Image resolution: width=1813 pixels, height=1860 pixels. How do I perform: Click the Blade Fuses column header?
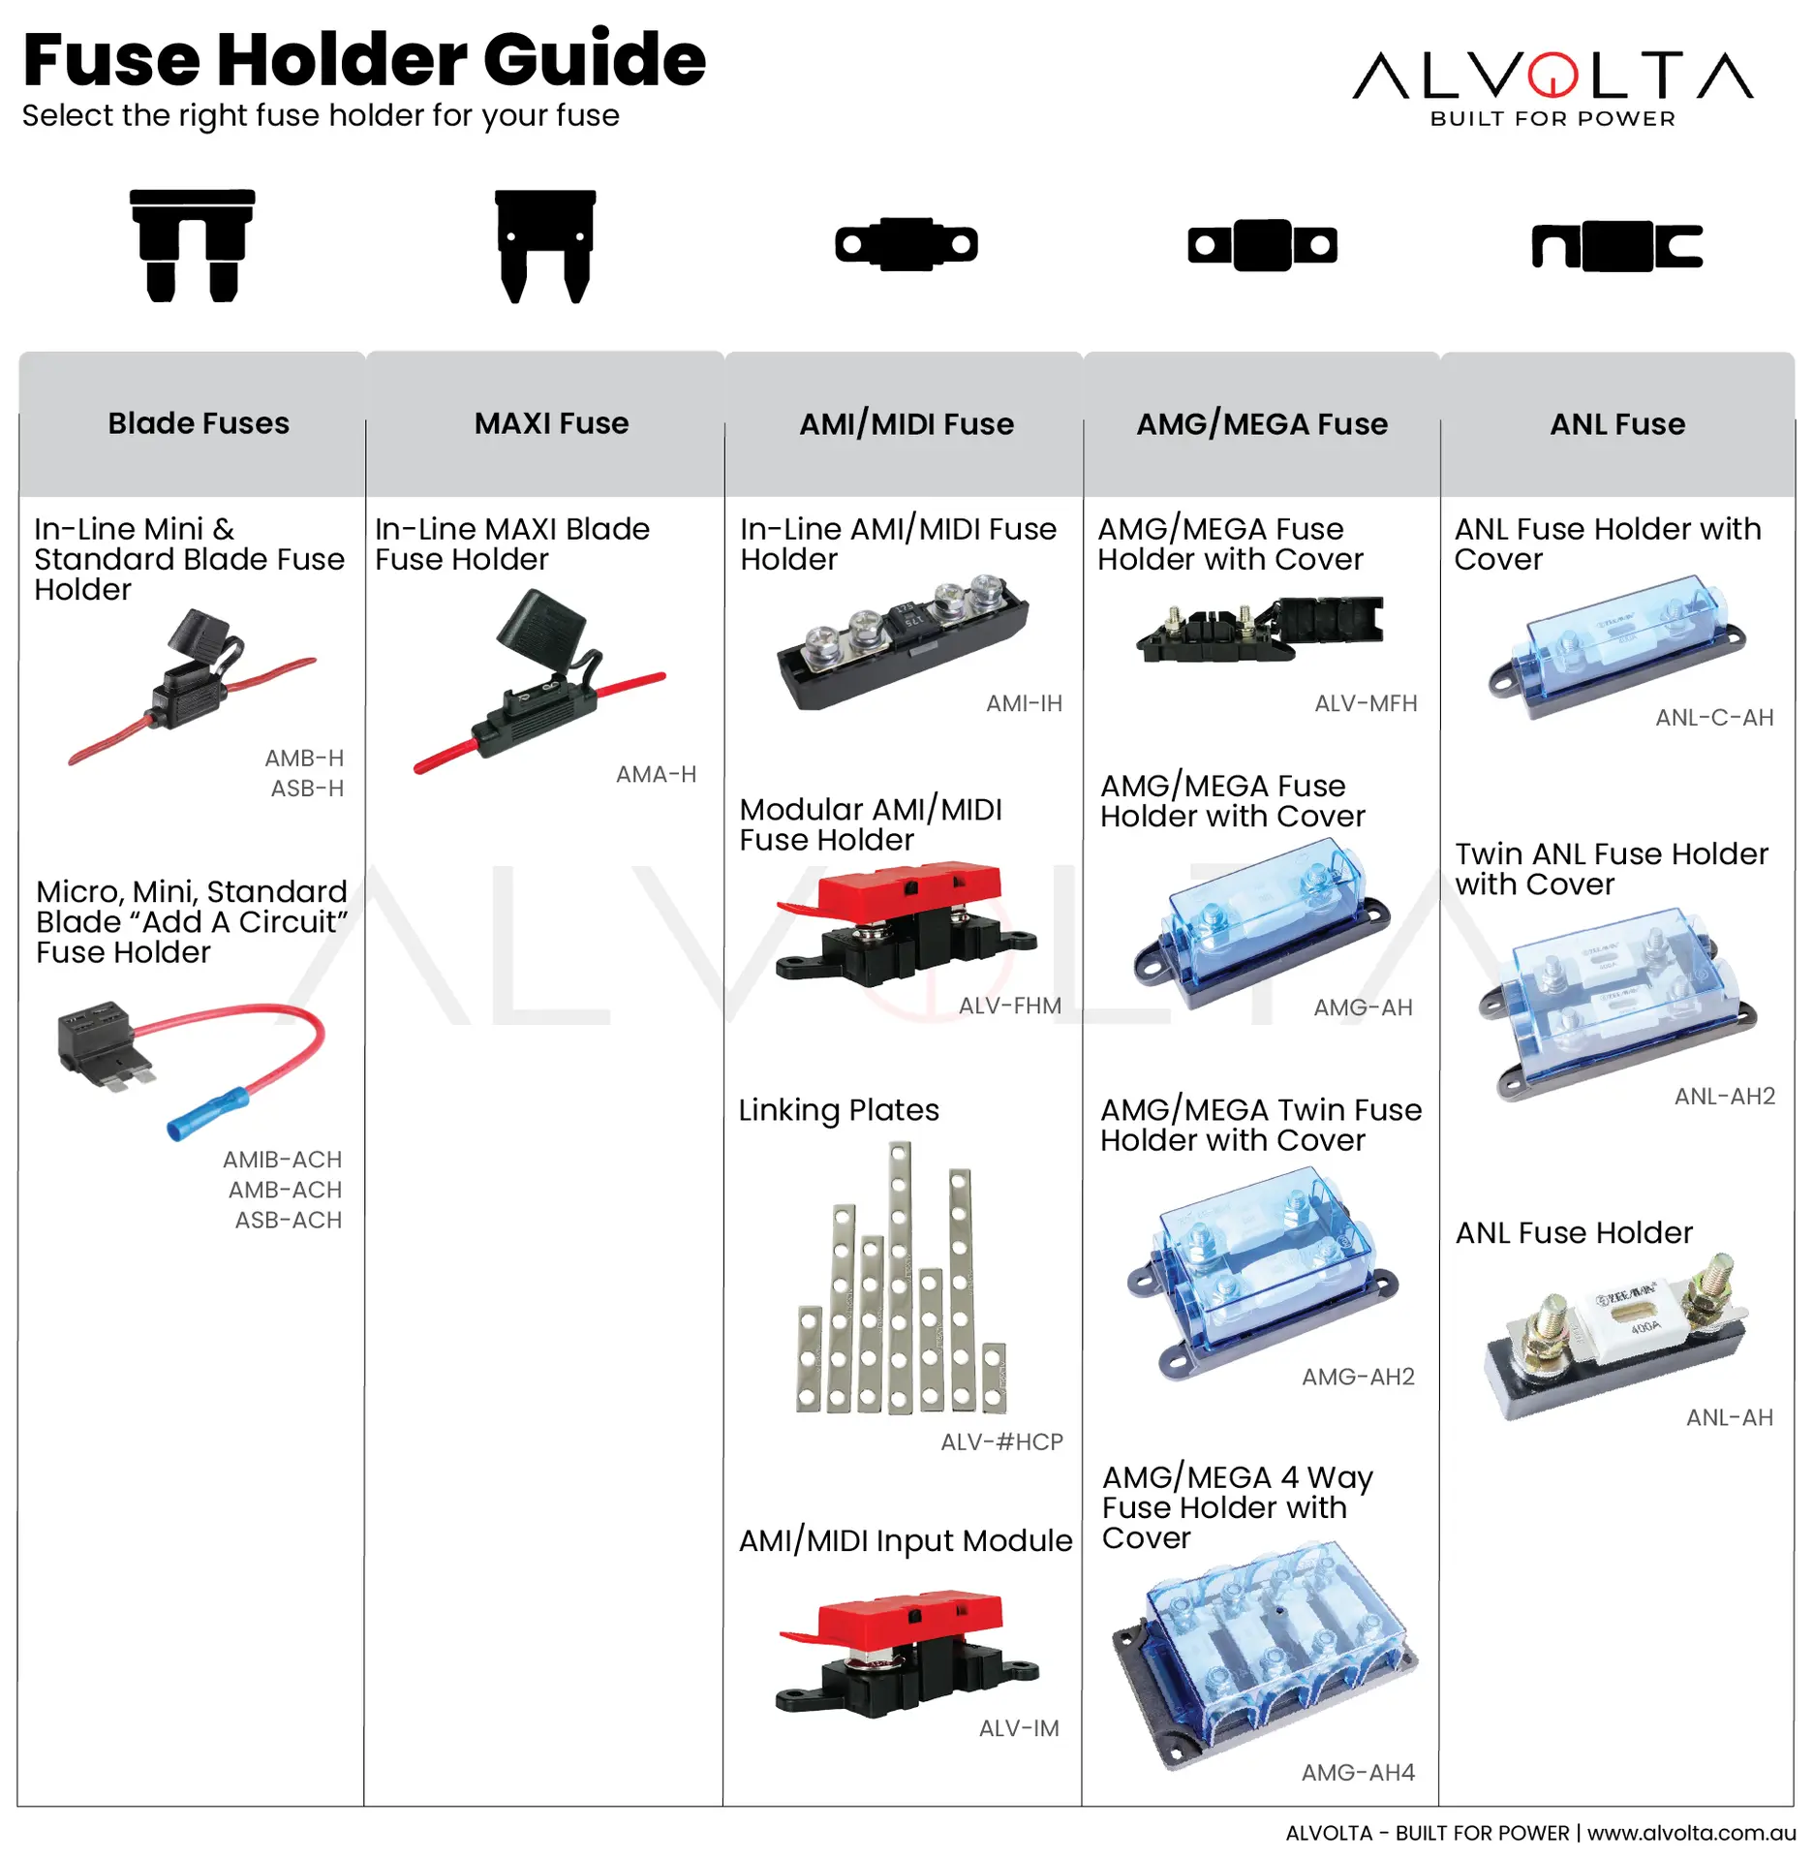(199, 423)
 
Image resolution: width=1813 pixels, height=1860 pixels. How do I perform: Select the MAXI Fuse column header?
(551, 423)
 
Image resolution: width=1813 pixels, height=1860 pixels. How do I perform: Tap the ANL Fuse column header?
(1617, 424)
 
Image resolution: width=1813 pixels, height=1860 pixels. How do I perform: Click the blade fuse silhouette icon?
(192, 244)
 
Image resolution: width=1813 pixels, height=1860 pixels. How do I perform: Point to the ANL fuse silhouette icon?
(1616, 245)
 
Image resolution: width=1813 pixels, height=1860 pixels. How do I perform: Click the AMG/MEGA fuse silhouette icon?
(1262, 245)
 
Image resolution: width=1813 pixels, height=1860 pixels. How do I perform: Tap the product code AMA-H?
(656, 774)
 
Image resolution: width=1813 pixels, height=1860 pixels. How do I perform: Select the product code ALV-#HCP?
(1001, 1441)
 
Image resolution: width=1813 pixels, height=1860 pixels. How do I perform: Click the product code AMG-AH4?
(1358, 1772)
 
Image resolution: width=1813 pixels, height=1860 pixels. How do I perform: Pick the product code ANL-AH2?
(1724, 1096)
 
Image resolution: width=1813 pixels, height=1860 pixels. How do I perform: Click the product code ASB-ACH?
(288, 1220)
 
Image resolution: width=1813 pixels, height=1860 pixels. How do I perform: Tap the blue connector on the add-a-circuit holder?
(207, 1114)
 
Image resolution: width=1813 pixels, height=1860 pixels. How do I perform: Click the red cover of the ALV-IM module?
(906, 1613)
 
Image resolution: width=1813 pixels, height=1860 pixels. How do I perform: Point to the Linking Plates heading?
(839, 1109)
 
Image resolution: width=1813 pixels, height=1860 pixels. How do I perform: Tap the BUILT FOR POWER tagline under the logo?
(1552, 118)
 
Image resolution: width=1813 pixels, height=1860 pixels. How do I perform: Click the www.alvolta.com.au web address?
(1691, 1833)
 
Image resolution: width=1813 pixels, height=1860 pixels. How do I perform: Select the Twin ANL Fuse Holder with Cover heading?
(1611, 869)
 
